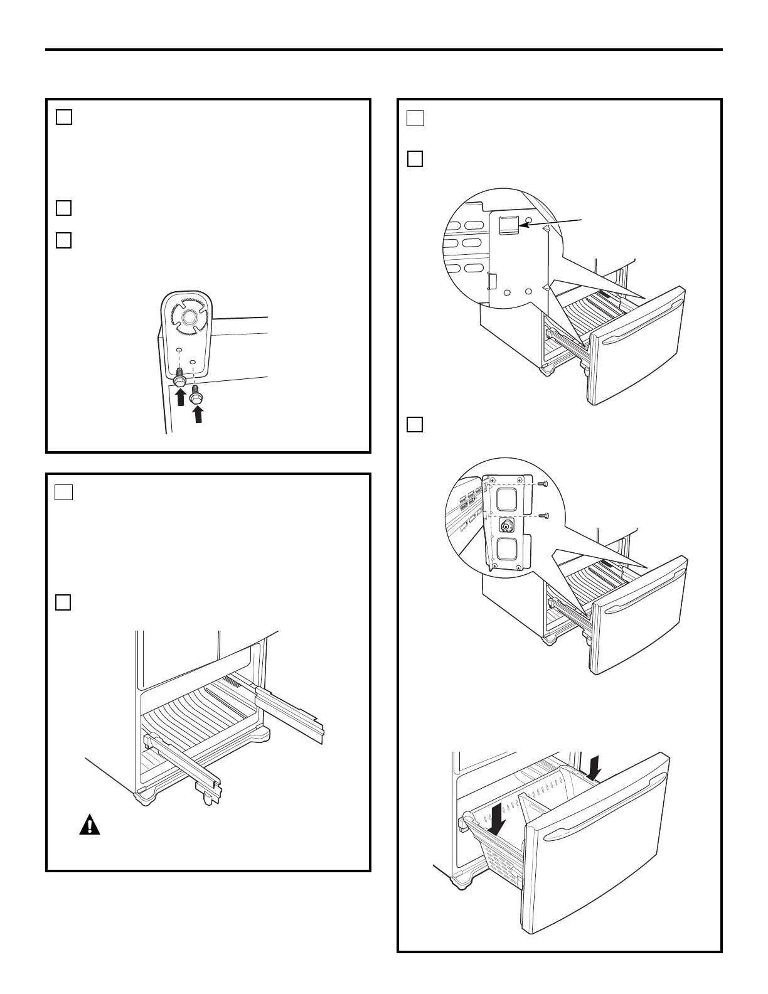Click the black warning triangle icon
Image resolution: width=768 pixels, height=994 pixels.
click(x=90, y=825)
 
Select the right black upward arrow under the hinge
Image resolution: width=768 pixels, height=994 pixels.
click(x=198, y=414)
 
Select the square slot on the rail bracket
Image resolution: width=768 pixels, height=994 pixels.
click(x=508, y=225)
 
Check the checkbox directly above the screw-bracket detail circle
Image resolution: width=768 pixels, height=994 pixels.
click(x=415, y=425)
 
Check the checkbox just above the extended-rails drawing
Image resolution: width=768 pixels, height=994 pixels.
click(x=63, y=602)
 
